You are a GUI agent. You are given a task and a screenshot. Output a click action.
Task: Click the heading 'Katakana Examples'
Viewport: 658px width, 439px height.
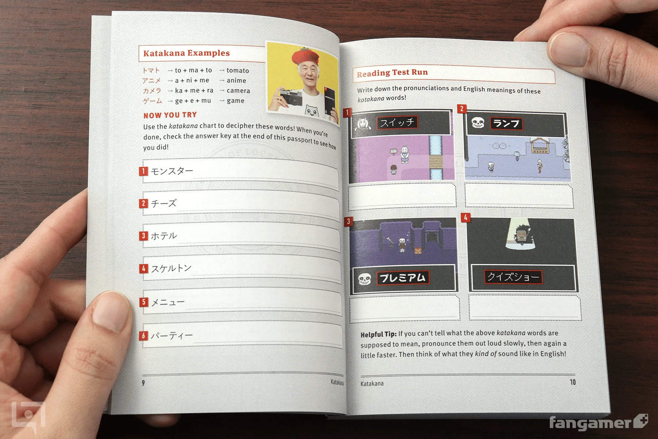point(186,53)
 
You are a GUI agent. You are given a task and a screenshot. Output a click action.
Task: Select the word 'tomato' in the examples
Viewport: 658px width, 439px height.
point(238,70)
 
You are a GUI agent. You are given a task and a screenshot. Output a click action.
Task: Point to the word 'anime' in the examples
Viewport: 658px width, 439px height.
point(237,80)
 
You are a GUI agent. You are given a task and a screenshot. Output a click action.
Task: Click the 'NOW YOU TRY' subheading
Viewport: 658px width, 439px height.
point(170,115)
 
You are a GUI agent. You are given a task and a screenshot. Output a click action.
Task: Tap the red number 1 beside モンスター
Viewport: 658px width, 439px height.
point(144,171)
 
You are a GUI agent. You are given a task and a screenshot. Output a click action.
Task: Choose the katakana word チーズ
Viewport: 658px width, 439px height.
point(164,203)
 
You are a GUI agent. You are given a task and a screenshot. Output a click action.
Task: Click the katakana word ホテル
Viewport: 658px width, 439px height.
point(164,236)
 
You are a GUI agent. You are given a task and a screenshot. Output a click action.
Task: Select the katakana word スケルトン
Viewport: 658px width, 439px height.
point(171,269)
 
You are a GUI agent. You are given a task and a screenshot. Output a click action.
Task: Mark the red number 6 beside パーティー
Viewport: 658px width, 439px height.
point(144,335)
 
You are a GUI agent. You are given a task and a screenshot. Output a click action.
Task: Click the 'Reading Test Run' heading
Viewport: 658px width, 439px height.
point(392,73)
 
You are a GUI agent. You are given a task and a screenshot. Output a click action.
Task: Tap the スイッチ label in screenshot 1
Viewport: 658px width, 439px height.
point(397,123)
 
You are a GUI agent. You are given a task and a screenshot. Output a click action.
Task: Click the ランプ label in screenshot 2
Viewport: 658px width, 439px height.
point(506,124)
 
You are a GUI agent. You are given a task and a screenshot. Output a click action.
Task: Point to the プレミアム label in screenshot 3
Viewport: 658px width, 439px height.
point(402,278)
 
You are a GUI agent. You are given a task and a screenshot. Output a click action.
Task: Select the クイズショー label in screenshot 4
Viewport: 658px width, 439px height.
point(513,277)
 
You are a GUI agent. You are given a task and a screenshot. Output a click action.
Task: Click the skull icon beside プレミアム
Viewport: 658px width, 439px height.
point(364,279)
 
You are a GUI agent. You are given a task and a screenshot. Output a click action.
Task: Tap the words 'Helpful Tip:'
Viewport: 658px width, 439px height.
point(378,334)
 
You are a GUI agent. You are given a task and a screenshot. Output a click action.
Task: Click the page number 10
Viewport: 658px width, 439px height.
point(572,382)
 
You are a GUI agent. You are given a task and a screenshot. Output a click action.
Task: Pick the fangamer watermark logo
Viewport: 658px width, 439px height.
point(599,423)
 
